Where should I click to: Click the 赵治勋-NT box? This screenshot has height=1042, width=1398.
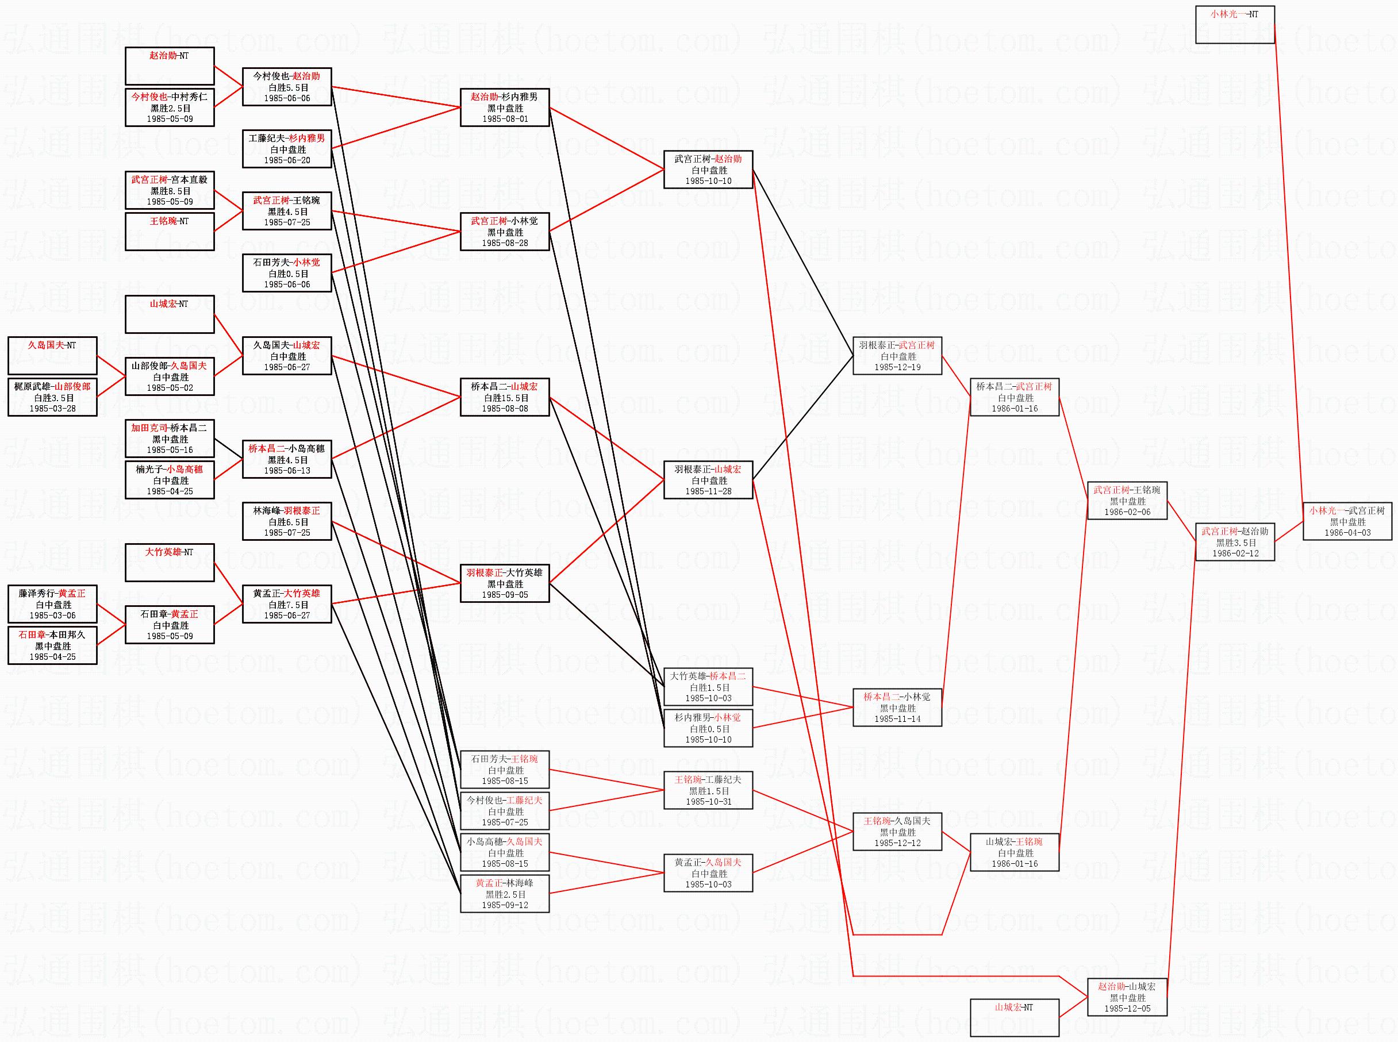point(170,66)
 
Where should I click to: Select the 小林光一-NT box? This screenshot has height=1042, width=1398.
point(1235,25)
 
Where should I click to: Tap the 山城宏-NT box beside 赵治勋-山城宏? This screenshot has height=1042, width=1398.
point(1014,1017)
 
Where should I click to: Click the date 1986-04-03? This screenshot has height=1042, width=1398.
point(1347,533)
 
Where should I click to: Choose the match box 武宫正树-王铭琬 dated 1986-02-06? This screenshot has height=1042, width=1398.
point(1127,501)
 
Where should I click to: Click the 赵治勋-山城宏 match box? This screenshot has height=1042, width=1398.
point(1127,997)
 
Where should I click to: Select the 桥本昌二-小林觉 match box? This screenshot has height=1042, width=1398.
point(897,708)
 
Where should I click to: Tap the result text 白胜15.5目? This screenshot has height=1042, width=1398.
point(505,398)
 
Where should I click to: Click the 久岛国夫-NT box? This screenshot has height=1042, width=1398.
point(52,355)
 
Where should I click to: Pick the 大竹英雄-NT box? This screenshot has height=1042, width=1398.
point(170,562)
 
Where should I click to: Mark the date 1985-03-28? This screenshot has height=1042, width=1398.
point(52,409)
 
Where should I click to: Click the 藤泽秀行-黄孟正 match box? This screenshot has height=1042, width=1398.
point(52,604)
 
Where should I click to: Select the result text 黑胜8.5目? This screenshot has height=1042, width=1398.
point(170,190)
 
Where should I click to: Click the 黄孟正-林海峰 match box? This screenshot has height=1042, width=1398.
point(505,894)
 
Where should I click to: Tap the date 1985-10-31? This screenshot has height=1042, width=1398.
point(708,802)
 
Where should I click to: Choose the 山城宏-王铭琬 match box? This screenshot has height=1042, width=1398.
point(1014,852)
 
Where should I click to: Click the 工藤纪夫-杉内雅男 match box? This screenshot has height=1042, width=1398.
point(287,149)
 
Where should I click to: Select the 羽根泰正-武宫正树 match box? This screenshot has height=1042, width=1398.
point(897,356)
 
